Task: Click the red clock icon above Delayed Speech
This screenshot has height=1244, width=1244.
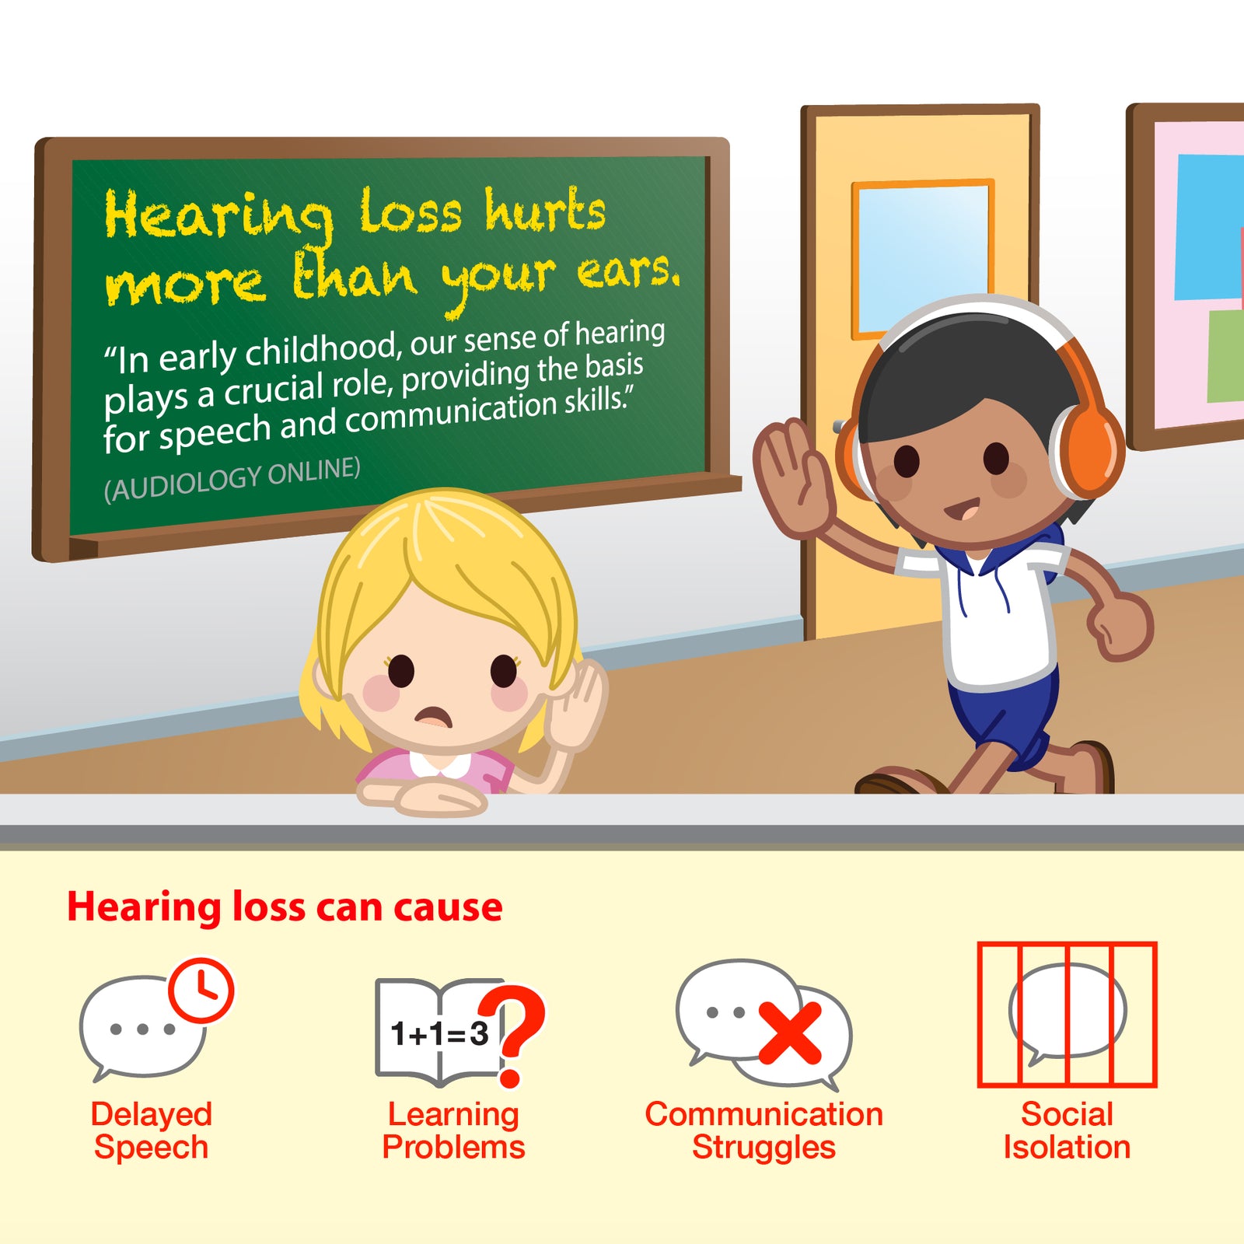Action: [x=201, y=990]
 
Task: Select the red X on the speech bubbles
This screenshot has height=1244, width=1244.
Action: [x=790, y=1033]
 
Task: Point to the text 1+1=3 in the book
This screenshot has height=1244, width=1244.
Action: [x=439, y=1033]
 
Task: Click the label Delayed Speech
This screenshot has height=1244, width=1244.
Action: [x=151, y=1130]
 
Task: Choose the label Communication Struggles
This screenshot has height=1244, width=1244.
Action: [x=764, y=1130]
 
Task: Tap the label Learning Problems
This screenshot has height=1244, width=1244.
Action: [x=453, y=1130]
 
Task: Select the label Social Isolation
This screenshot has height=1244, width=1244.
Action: [x=1067, y=1130]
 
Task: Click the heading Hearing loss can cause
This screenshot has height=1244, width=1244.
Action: [x=285, y=907]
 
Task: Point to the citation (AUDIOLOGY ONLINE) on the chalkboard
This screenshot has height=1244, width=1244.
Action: [x=232, y=479]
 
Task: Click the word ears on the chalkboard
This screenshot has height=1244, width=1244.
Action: [x=627, y=272]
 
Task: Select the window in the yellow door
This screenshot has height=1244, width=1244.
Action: [x=923, y=257]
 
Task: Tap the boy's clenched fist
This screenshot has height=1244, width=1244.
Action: [x=1120, y=625]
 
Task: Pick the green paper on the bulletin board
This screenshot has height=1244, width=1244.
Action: [x=1225, y=355]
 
